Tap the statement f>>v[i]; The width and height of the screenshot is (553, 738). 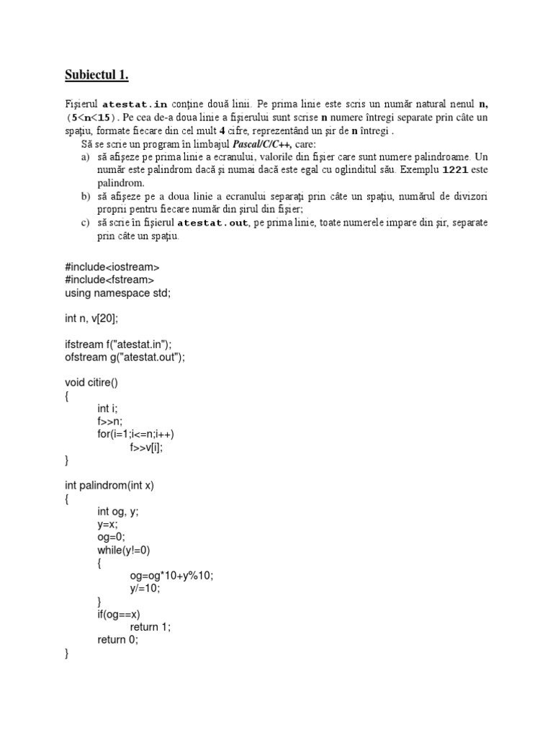[147, 447]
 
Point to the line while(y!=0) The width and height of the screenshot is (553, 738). [124, 550]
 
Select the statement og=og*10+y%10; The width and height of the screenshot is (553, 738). [172, 575]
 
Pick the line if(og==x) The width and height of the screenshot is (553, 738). [119, 614]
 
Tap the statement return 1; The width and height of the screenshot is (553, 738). [151, 627]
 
